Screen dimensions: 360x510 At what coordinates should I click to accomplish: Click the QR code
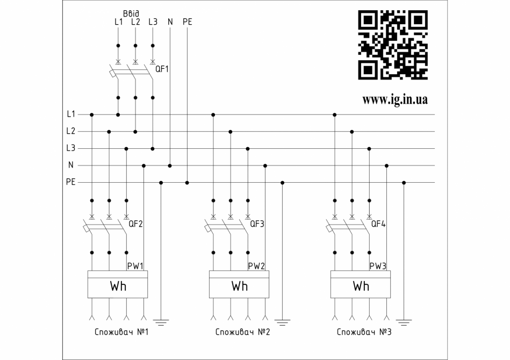pyautogui.click(x=393, y=45)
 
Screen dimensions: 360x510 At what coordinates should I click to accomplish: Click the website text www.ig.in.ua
pyautogui.click(x=395, y=100)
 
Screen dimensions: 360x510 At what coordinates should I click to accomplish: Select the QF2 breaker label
pyautogui.click(x=136, y=224)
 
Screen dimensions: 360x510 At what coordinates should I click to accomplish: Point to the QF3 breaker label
pyautogui.click(x=257, y=224)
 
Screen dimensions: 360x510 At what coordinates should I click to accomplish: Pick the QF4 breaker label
pyautogui.click(x=379, y=224)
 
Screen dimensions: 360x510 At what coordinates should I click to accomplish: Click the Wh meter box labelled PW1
pyautogui.click(x=118, y=284)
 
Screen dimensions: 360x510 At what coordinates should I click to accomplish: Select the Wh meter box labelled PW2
pyautogui.click(x=239, y=284)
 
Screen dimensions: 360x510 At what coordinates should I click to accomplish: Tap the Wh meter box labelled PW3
pyautogui.click(x=361, y=284)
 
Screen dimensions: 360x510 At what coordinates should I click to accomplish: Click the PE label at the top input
pyautogui.click(x=187, y=22)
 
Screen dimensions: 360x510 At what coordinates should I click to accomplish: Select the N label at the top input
pyautogui.click(x=170, y=22)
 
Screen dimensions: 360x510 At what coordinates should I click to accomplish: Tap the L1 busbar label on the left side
pyautogui.click(x=71, y=114)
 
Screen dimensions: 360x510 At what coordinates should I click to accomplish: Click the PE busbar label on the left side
pyautogui.click(x=70, y=183)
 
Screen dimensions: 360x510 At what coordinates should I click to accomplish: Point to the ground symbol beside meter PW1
pyautogui.click(x=161, y=322)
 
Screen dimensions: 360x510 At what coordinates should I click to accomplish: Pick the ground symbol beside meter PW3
pyautogui.click(x=404, y=322)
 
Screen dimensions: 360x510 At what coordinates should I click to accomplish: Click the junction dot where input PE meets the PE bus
pyautogui.click(x=187, y=183)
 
